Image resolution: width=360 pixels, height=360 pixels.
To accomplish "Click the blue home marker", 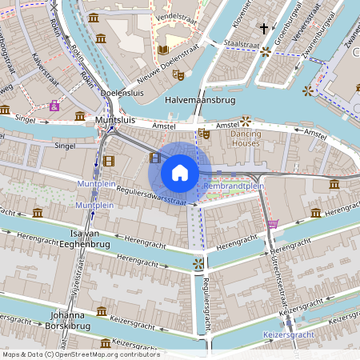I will [180, 173].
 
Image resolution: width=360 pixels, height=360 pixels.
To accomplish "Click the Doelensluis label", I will [123, 93].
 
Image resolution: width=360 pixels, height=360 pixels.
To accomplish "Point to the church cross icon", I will [263, 28].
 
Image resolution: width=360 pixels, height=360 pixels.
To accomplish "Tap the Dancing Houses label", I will [246, 138].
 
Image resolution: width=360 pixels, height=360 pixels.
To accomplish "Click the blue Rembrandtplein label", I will [234, 186].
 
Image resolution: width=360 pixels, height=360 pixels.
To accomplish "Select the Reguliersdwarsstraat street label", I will [140, 197].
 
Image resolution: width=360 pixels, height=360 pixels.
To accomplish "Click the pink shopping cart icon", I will [273, 223].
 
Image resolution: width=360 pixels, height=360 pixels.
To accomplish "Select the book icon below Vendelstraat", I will [163, 49].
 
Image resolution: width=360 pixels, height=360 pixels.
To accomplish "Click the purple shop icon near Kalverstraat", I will [54, 106].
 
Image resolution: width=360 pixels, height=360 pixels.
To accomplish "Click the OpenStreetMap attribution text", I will [80, 354].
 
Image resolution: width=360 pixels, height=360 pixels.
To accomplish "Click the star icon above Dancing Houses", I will [246, 121].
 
